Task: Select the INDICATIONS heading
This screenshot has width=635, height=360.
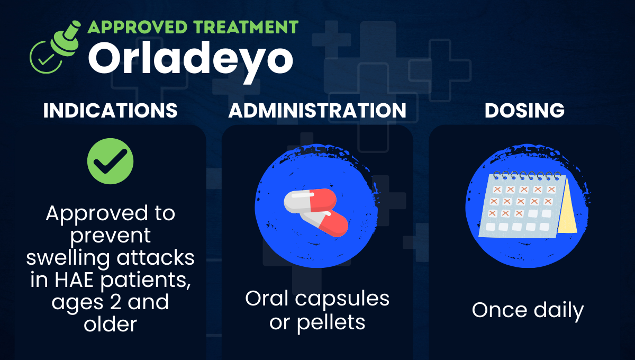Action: pyautogui.click(x=110, y=111)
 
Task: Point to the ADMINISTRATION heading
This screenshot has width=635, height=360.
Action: pyautogui.click(x=317, y=111)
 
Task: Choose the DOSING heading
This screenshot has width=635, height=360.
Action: pyautogui.click(x=524, y=111)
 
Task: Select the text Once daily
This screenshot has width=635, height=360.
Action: pyautogui.click(x=528, y=310)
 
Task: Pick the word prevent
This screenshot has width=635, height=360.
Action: pyautogui.click(x=110, y=236)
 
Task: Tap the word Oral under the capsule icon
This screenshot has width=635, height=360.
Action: pyautogui.click(x=267, y=299)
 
